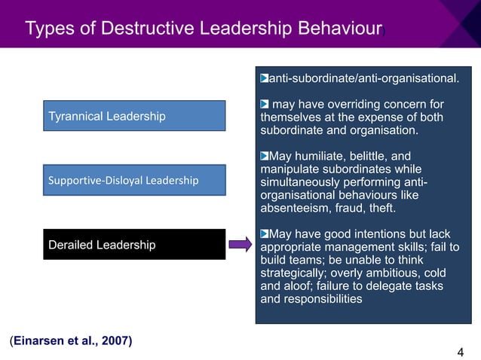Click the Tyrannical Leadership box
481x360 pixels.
pyautogui.click(x=134, y=116)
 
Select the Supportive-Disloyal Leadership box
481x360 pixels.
pyautogui.click(x=134, y=180)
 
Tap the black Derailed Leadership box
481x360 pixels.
pyautogui.click(x=134, y=245)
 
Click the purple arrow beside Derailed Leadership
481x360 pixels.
pyautogui.click(x=240, y=245)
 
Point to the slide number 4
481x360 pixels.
pyautogui.click(x=460, y=351)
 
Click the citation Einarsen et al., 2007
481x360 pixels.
pyautogui.click(x=72, y=341)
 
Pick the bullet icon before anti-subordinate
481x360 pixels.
pyautogui.click(x=264, y=78)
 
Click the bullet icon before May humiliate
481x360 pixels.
pyautogui.click(x=264, y=156)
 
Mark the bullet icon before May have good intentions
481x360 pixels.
pyautogui.click(x=264, y=233)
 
